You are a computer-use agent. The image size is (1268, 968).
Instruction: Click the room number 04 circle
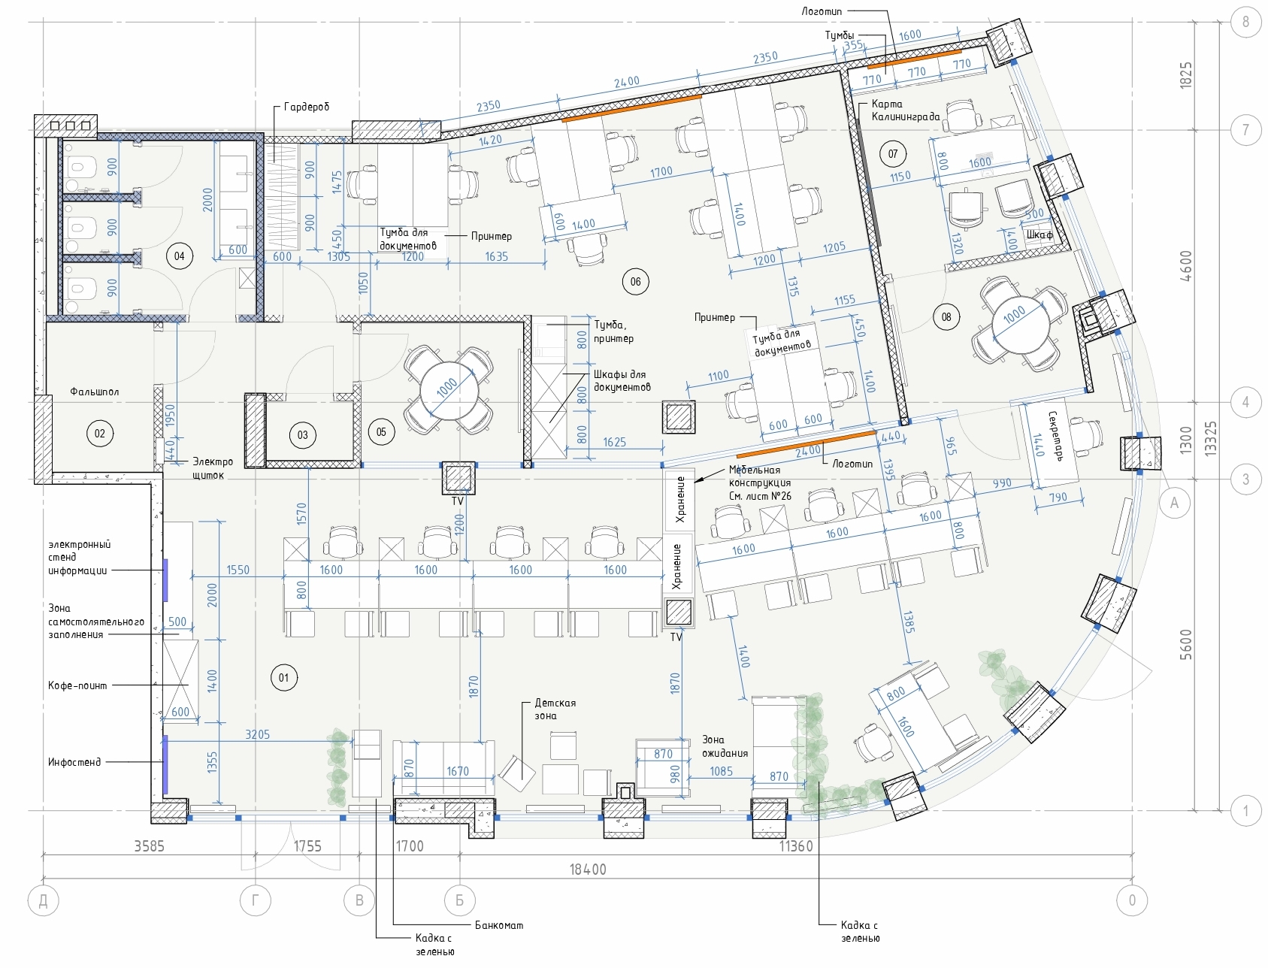(x=179, y=256)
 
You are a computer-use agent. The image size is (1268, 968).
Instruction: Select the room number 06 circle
(x=636, y=282)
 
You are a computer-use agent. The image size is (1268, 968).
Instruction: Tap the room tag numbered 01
(x=284, y=678)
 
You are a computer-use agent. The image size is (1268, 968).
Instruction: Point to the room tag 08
(x=946, y=317)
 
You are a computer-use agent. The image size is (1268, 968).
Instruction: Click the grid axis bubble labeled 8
(x=1245, y=22)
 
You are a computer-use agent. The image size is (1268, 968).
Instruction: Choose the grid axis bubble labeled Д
(x=44, y=901)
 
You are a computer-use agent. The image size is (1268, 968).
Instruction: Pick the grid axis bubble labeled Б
(x=459, y=901)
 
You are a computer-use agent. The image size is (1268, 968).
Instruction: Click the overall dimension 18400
(x=588, y=870)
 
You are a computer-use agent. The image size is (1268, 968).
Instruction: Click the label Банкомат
(x=499, y=925)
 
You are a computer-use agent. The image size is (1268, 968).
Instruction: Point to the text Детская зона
(x=555, y=709)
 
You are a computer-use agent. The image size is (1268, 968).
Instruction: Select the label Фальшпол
(x=95, y=392)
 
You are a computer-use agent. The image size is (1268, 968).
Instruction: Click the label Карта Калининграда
(x=906, y=110)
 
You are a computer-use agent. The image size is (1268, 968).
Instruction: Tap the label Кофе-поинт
(x=77, y=685)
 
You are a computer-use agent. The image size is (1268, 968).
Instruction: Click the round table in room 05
(x=449, y=390)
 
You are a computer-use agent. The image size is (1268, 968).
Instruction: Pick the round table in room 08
(x=1019, y=324)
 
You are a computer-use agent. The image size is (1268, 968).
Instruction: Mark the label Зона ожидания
(x=725, y=746)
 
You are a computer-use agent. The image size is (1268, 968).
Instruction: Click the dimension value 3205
(x=257, y=734)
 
